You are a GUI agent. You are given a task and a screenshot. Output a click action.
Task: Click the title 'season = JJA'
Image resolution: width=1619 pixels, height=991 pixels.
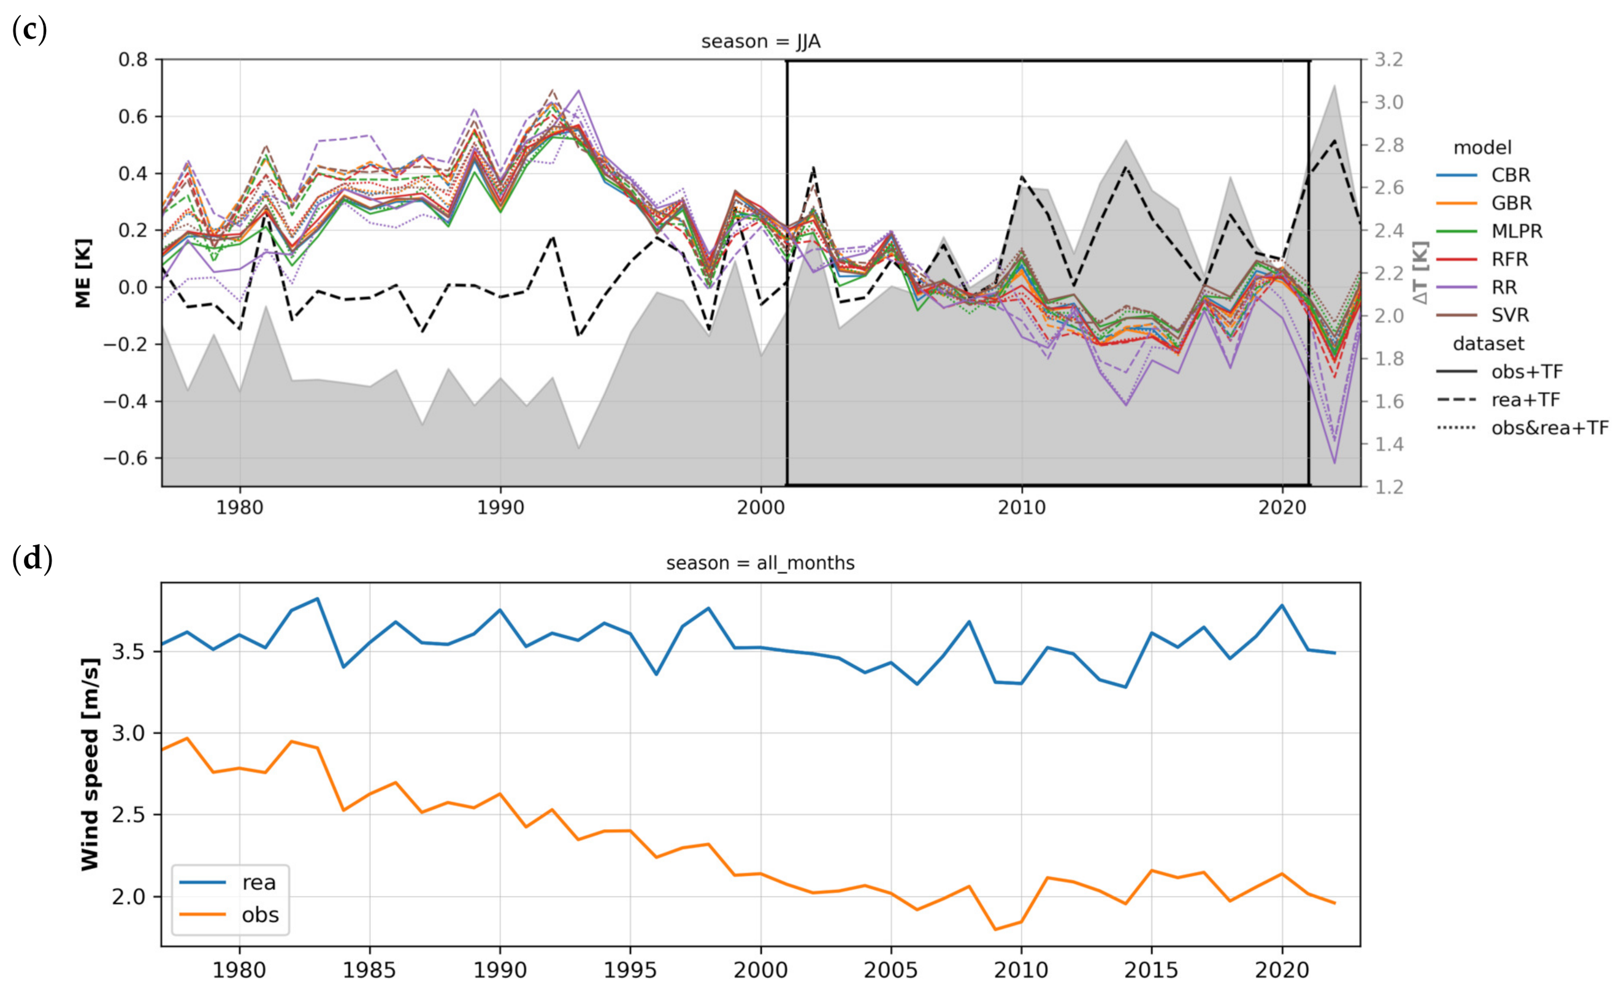coord(760,42)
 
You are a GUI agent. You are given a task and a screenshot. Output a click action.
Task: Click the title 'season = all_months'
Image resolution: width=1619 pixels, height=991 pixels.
coord(760,563)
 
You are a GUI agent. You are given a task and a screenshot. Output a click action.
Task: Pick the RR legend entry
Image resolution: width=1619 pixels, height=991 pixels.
coord(1504,287)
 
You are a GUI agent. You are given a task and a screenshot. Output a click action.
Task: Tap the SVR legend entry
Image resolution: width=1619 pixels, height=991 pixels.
coord(1510,315)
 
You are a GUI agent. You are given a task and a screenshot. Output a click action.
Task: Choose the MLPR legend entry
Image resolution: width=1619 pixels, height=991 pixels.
coord(1517,231)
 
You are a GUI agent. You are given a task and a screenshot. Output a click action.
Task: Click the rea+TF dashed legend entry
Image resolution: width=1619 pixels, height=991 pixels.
coord(1525,400)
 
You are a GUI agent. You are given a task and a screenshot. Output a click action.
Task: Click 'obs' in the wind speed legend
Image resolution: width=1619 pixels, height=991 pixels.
coord(260,915)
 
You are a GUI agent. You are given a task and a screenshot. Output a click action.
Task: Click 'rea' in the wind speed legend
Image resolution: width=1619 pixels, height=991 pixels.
coord(259,882)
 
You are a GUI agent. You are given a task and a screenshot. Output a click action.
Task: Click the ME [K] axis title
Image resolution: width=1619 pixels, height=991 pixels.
coord(83,273)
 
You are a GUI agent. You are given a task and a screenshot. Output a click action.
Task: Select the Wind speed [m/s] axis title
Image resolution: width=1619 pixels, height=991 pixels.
coord(90,764)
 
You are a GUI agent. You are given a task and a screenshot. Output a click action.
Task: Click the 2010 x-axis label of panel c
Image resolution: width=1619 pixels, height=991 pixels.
coord(1021,507)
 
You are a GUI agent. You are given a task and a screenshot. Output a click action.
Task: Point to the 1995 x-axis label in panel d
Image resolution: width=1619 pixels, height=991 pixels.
coord(630,970)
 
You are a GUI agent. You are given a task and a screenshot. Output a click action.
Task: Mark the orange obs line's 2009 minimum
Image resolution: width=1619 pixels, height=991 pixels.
coord(995,929)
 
